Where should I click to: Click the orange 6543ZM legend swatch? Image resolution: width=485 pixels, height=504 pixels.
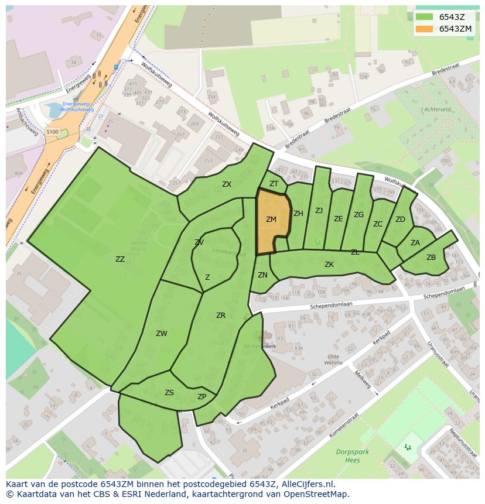(x=425, y=29)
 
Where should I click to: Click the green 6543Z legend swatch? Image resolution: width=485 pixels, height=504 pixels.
(x=425, y=17)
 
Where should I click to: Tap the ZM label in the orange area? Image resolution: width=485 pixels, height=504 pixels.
(x=271, y=220)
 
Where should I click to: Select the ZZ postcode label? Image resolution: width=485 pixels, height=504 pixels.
(x=119, y=259)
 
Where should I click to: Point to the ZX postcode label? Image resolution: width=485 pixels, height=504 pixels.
(x=227, y=184)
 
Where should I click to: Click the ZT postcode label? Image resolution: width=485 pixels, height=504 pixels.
(x=274, y=184)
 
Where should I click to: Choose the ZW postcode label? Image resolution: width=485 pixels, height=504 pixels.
(x=161, y=334)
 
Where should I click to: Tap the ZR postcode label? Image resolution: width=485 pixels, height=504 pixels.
(x=220, y=316)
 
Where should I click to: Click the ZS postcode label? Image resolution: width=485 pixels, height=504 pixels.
(x=169, y=393)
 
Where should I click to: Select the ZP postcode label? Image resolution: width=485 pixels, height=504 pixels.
(x=201, y=396)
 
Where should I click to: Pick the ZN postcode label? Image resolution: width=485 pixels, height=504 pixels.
(x=262, y=275)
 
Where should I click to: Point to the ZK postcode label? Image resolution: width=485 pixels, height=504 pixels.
(x=329, y=265)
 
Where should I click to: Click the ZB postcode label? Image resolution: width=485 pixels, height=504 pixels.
(x=431, y=258)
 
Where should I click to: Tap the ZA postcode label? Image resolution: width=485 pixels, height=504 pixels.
(x=415, y=243)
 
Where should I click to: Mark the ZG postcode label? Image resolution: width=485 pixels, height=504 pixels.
(x=358, y=215)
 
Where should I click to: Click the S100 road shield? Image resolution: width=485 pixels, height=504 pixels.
(x=53, y=132)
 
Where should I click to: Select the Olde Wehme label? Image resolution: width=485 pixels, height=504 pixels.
(x=334, y=359)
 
